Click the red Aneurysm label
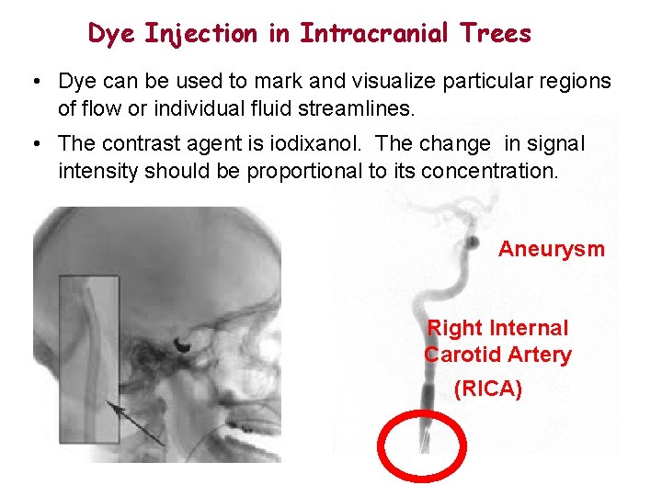(x=551, y=249)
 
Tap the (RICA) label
(x=488, y=389)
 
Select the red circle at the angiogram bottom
(x=424, y=446)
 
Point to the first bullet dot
(x=33, y=83)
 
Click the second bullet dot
(x=33, y=145)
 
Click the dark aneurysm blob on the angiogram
(x=471, y=242)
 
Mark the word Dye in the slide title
(x=108, y=35)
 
